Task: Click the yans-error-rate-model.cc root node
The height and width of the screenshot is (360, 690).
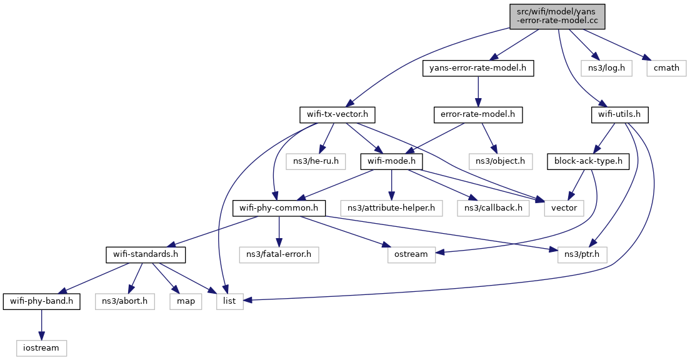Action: coord(557,17)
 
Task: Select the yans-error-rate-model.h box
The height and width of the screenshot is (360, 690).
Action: coord(478,68)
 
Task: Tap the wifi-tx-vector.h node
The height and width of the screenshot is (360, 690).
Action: coord(337,115)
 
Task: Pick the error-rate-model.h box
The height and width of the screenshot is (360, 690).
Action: coord(478,115)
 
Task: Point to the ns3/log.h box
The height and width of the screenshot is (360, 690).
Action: coord(606,68)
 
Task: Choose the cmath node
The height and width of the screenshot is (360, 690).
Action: coord(666,68)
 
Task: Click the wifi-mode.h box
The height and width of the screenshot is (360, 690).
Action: coord(392,161)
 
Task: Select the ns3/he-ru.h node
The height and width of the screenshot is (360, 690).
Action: coord(316,161)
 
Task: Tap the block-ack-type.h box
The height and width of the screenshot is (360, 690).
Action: coord(588,161)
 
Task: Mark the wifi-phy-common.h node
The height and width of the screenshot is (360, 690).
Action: coord(279,208)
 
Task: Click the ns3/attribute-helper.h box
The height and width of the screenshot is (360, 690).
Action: coord(391,208)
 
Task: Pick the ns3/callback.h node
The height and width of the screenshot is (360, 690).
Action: coord(493,208)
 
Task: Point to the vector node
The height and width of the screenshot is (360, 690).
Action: coord(564,208)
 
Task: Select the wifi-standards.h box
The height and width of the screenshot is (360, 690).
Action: coord(146,255)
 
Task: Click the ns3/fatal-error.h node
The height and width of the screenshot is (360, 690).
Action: coord(279,255)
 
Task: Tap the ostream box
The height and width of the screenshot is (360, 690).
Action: coord(411,255)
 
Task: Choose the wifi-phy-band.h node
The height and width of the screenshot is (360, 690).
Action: coord(42,301)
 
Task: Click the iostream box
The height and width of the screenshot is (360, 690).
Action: coord(42,348)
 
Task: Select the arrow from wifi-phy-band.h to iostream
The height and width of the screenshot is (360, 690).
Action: coord(42,325)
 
